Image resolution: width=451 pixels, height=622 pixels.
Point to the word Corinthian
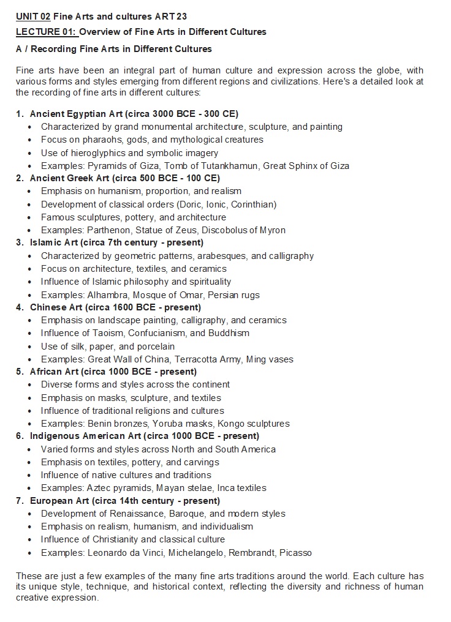[253, 204]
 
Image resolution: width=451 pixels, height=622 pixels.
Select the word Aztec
[100, 488]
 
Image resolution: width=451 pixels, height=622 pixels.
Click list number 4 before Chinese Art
[20, 307]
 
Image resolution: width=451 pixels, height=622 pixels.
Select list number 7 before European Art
[20, 501]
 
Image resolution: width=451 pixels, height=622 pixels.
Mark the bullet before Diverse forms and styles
[30, 385]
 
